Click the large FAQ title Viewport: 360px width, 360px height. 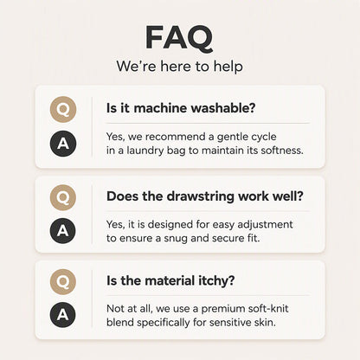[179, 38]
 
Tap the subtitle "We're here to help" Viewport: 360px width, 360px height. [179, 66]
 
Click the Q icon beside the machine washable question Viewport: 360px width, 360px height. [63, 109]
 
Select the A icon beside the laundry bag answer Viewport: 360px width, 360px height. [63, 144]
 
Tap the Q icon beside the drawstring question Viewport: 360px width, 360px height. [63, 197]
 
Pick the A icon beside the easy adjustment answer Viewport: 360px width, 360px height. [63, 231]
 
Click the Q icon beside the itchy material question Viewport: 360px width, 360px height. [63, 282]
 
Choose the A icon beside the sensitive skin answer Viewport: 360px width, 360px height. [63, 314]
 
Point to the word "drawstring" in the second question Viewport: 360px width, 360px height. [201, 196]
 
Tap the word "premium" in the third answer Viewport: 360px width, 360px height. [221, 309]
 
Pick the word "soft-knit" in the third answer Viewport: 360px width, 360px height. [266, 308]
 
